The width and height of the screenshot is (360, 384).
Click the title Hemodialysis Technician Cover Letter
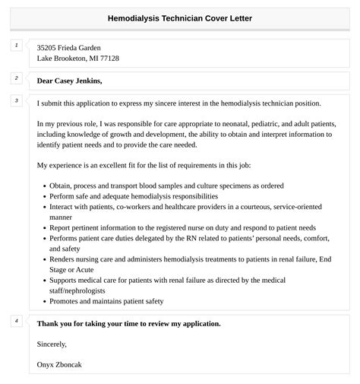(x=180, y=17)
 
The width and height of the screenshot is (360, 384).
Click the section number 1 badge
(x=17, y=46)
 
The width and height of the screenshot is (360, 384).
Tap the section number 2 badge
(x=17, y=78)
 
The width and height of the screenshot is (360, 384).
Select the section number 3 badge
(x=17, y=100)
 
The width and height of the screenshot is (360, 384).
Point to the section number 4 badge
(x=17, y=321)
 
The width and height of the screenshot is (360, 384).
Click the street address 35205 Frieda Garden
(x=68, y=47)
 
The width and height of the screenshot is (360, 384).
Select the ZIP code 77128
(x=107, y=59)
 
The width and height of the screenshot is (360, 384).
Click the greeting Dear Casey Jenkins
(x=69, y=81)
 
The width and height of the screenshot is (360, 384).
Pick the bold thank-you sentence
(x=128, y=323)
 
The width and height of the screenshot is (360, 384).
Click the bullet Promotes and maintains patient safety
(x=106, y=301)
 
